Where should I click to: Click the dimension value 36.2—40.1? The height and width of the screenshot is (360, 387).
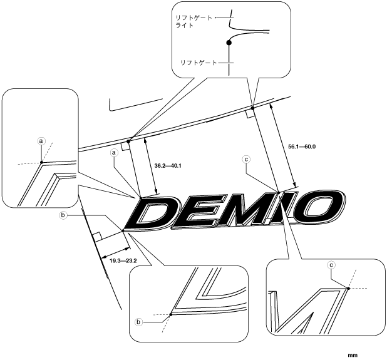[167, 166]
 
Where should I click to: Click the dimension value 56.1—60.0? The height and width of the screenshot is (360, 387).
[301, 146]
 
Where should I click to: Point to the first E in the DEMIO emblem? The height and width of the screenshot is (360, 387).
[200, 212]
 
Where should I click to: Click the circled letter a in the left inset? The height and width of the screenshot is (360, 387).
[41, 141]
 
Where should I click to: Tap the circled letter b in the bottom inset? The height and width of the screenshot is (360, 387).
[139, 321]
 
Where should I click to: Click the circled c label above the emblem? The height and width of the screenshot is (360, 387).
[247, 160]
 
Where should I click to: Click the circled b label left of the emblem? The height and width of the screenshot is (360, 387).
[63, 215]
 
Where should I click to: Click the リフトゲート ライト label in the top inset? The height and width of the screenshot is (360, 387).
[195, 23]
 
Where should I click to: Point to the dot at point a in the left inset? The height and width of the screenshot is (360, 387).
[41, 163]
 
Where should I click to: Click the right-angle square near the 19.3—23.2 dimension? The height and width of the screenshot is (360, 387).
[96, 237]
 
